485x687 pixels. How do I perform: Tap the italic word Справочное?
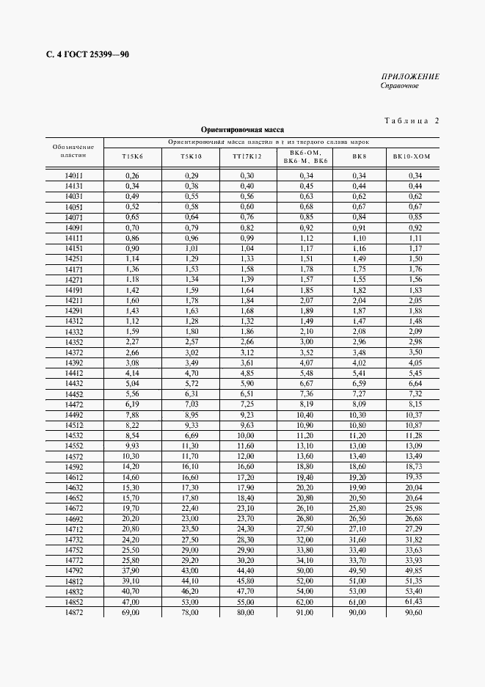click(399, 86)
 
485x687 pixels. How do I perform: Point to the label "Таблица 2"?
click(411, 121)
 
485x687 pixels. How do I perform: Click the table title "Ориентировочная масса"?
click(242, 129)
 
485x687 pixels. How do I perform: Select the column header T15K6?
click(132, 156)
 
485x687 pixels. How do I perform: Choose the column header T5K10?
click(190, 156)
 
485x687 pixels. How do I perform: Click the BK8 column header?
click(359, 156)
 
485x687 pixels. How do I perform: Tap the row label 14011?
click(73, 175)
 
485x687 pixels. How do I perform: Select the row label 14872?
click(73, 611)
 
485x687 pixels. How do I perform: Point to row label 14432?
click(73, 383)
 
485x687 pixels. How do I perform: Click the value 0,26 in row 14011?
click(132, 175)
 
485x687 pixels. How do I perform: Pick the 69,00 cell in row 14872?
click(132, 611)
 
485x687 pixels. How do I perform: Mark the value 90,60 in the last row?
click(414, 611)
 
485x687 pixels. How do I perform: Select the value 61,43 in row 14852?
click(414, 601)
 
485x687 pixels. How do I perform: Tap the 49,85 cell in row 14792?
click(414, 570)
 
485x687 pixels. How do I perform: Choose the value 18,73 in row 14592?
click(414, 466)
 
